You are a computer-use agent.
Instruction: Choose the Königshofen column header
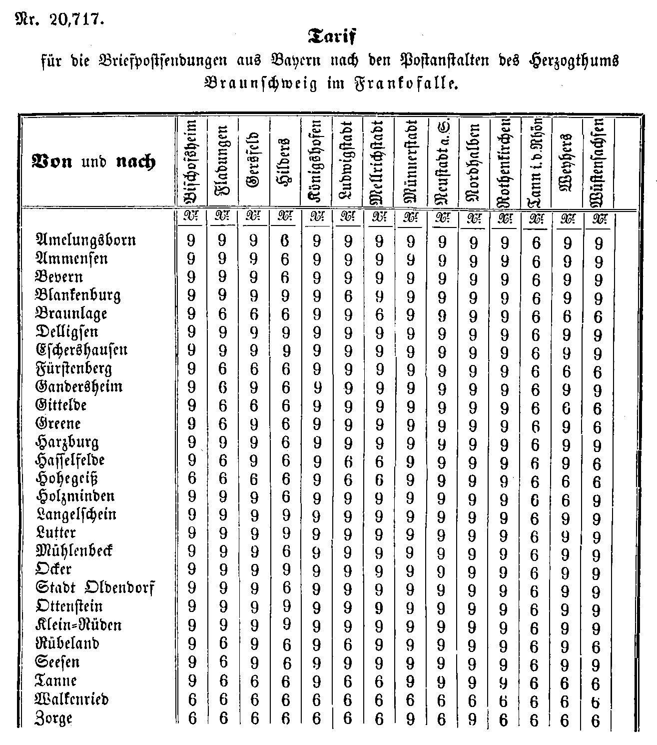coord(316,161)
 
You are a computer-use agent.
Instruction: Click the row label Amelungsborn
coord(85,240)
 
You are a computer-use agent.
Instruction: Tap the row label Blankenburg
coord(78,295)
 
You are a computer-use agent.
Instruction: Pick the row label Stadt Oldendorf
coord(95,588)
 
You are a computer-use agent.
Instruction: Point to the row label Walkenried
coord(72,698)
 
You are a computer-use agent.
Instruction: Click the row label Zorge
coord(54,718)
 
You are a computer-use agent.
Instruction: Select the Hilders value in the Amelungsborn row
coord(285,242)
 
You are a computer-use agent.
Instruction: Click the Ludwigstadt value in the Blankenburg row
coord(348,297)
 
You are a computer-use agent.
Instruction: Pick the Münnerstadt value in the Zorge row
coord(411,719)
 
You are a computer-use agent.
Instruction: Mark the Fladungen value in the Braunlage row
coord(223,314)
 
